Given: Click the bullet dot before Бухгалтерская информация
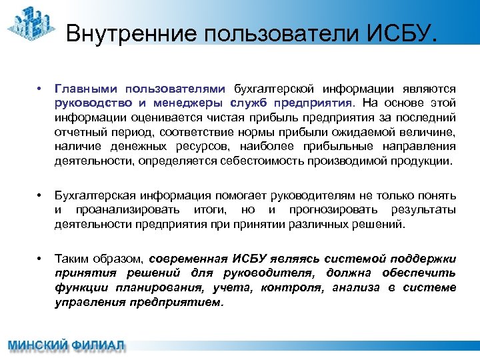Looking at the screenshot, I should click(41, 195).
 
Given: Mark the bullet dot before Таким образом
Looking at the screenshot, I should click(41, 258).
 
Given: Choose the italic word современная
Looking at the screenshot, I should click(188, 258).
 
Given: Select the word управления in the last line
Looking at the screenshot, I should click(87, 302).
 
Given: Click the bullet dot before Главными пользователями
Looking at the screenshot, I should click(41, 89).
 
